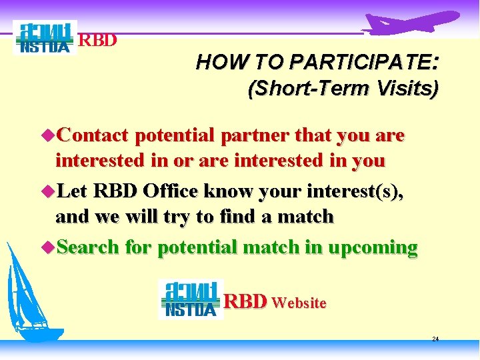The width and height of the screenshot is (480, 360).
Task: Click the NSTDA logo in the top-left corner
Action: pos(45,38)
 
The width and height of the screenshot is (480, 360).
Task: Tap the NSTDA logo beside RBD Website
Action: pos(191,299)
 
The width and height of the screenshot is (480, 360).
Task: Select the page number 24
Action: pos(435,339)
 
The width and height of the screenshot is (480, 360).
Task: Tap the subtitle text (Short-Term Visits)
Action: pos(343,89)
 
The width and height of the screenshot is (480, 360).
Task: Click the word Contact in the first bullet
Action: pos(93,136)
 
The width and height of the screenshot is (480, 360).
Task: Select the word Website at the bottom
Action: pos(299,303)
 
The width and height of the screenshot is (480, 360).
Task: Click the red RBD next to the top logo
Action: pos(98,40)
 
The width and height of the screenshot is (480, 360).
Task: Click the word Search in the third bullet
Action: pos(88,248)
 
